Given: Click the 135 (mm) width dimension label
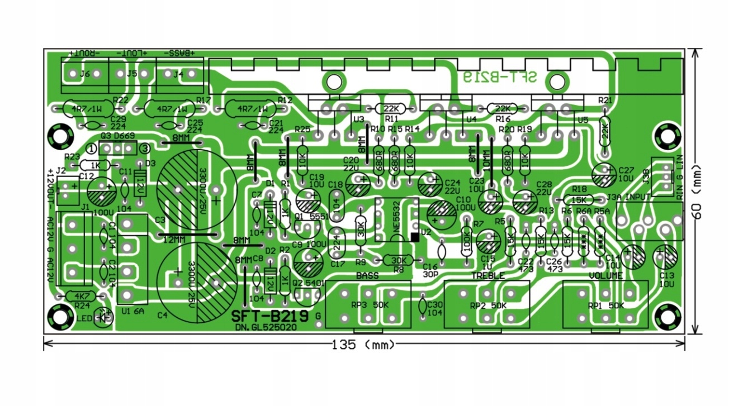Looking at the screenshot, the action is [x=364, y=345].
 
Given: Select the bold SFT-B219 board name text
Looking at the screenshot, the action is [x=269, y=317].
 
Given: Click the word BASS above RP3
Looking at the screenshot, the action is [x=367, y=276].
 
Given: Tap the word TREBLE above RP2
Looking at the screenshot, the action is [x=487, y=276].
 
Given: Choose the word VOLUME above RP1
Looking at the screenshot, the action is [x=606, y=276].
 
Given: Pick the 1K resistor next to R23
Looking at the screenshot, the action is [x=96, y=165].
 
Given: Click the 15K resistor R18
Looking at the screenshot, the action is [x=578, y=199].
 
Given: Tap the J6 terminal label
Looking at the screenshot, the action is [x=85, y=73].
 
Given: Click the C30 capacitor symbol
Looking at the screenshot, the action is [x=423, y=307].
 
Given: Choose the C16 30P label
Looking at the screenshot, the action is [x=430, y=270].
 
